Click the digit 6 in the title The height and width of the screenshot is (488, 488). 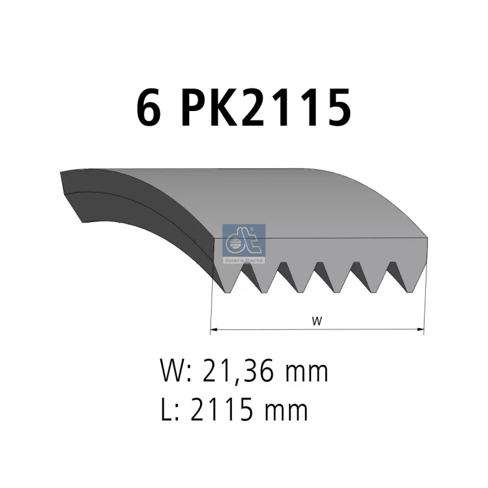click(149, 107)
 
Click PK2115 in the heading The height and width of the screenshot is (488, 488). click(267, 107)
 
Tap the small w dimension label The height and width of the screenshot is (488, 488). click(317, 320)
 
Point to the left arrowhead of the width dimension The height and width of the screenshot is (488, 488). click(213, 329)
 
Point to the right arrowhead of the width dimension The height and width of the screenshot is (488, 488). click(421, 329)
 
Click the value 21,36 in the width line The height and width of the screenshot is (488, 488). click(238, 371)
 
